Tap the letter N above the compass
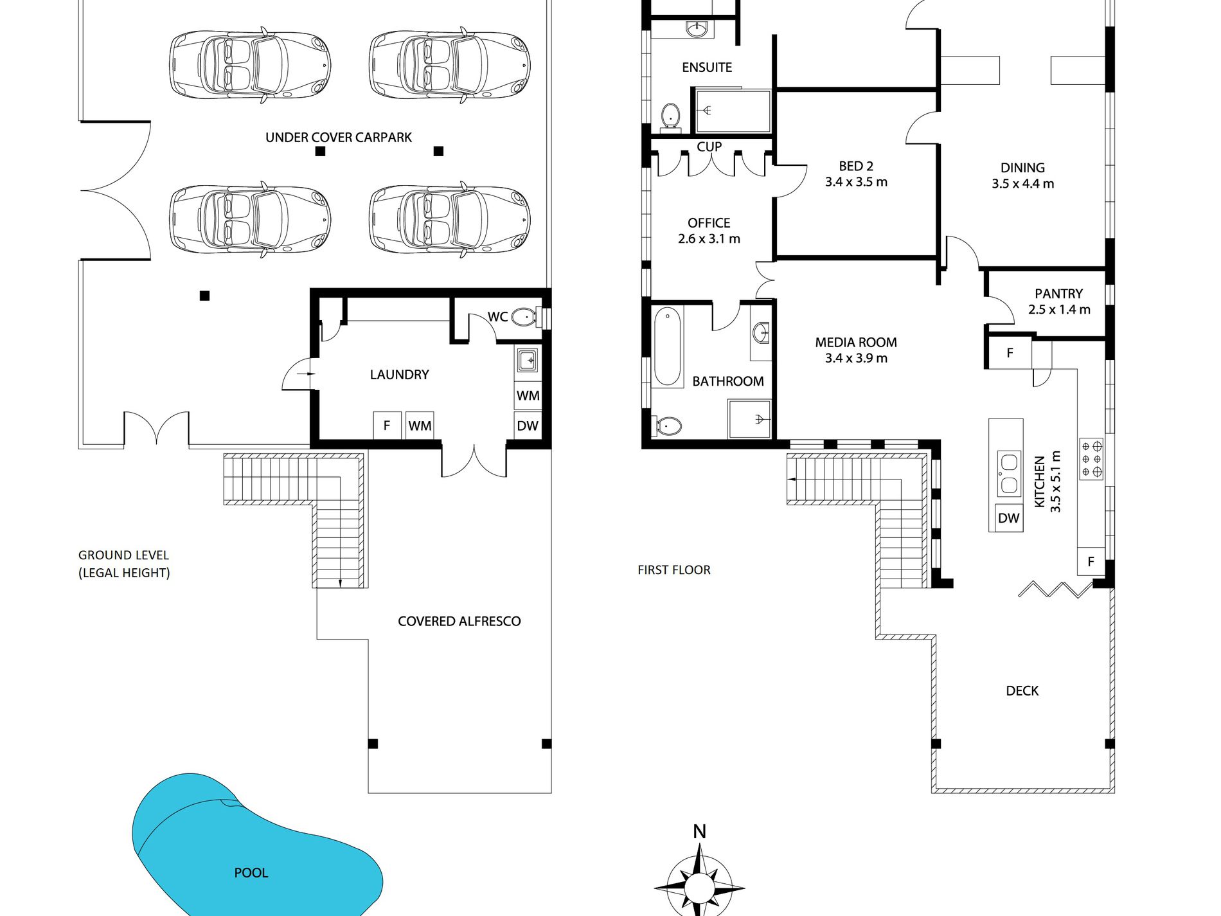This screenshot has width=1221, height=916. point(699,832)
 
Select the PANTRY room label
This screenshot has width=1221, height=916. point(1058,294)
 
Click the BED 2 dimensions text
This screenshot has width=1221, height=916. point(856,182)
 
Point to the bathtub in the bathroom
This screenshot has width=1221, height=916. point(668,346)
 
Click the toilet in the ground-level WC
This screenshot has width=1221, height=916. point(525,316)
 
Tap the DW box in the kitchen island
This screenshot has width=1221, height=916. point(1008,518)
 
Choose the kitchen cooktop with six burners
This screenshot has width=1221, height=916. point(1091,459)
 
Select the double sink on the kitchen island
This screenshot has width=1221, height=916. point(1008,474)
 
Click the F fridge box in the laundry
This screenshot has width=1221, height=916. point(387,426)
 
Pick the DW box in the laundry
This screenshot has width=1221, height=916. point(528,426)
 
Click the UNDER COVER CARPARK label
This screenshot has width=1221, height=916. point(339,138)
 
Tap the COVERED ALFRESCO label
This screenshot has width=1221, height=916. point(459,622)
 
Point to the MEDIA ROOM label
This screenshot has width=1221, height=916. point(856,343)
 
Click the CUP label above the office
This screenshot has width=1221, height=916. point(709,147)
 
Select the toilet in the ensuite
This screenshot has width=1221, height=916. point(670,117)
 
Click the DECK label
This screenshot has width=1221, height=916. point(1022,691)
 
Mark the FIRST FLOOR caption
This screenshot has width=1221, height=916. point(674,570)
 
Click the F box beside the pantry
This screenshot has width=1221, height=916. point(1010,353)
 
